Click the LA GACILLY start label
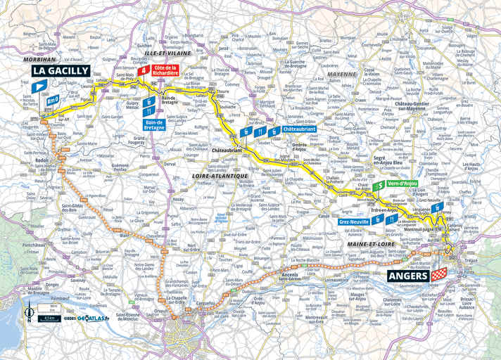tap(60, 70)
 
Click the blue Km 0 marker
tap(51, 101)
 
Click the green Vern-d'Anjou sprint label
tap(403, 185)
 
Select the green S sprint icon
tap(380, 186)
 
